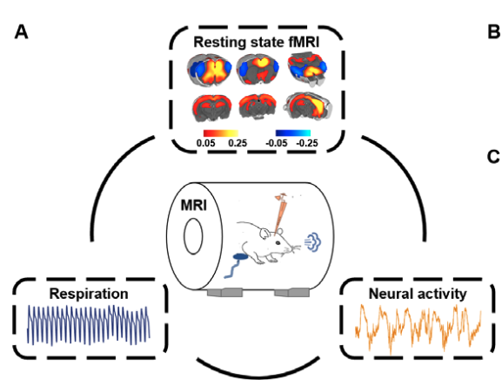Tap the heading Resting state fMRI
(x=253, y=39)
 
